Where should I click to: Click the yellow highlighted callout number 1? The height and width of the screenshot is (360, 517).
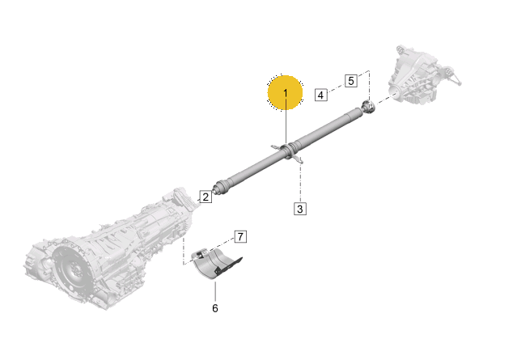pos(286,93)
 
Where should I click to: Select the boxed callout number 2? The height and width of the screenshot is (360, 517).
pos(206,197)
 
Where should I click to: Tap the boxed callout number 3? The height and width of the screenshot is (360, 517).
pos(300,209)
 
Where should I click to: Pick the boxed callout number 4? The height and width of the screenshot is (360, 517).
pos(321,95)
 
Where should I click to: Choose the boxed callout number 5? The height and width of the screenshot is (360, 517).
pos(351,81)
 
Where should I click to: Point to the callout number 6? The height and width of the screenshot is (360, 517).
pos(215,308)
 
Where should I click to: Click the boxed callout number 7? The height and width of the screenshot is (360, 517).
pos(240,236)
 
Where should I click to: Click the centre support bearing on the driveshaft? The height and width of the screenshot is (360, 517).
pos(287,151)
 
